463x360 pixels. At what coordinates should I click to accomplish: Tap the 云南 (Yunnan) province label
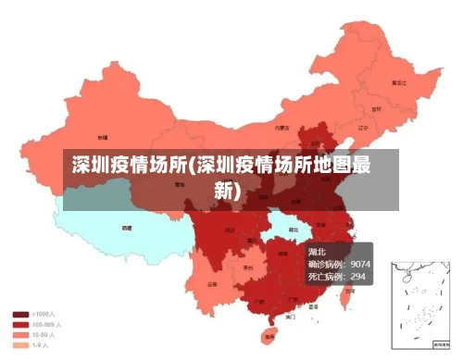pos(213,284)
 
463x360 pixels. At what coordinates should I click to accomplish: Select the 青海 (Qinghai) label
pos(179,184)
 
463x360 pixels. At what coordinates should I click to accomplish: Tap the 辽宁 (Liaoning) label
pos(363,128)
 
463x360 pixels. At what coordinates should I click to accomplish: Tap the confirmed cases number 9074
pos(355,264)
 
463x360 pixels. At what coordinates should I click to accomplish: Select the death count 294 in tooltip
pos(357,276)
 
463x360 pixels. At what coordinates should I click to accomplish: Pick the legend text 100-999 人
pos(46,325)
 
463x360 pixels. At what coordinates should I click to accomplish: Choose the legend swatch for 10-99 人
pos(19,335)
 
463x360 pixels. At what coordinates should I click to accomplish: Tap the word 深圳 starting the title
pos(88,168)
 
